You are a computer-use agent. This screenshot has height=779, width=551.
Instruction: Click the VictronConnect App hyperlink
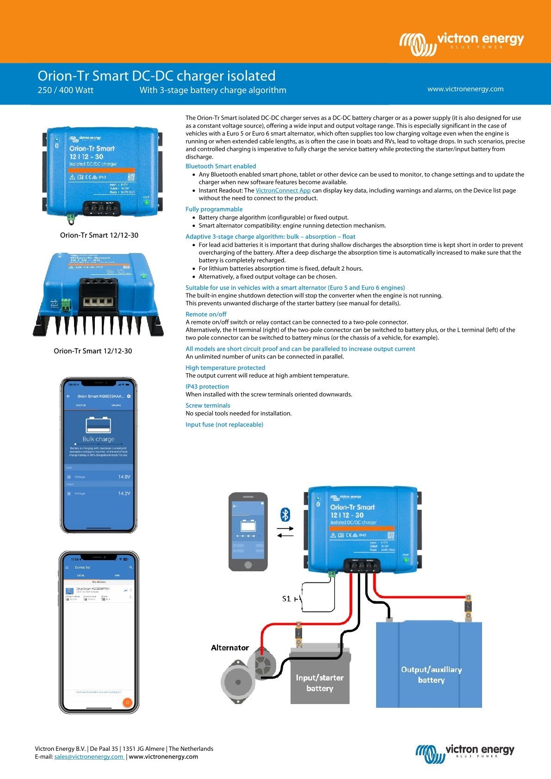[x=283, y=191]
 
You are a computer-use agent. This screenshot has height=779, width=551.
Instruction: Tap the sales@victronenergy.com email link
[x=89, y=757]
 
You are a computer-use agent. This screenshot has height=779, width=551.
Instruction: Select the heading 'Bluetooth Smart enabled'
[x=221, y=167]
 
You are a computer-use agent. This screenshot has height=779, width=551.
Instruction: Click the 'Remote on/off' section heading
[x=206, y=315]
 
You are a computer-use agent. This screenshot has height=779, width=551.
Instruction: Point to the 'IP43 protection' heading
[x=207, y=387]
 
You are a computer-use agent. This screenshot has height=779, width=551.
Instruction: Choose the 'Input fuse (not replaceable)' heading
[x=224, y=425]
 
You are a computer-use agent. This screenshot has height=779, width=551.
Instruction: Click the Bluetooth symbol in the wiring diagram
[x=285, y=514]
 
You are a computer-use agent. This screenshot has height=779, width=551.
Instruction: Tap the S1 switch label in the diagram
[x=286, y=599]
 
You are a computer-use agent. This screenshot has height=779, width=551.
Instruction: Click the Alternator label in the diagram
[x=230, y=648]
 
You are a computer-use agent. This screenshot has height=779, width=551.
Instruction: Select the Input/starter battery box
[x=320, y=682]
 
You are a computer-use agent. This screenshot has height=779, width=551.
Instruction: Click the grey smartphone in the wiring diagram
[x=248, y=532]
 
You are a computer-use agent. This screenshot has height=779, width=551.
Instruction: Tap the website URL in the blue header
[x=465, y=89]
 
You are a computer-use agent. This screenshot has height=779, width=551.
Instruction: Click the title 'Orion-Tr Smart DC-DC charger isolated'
[x=156, y=76]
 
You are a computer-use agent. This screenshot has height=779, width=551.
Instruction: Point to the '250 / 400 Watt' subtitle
[x=65, y=90]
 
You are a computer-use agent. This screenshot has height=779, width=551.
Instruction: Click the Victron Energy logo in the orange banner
[x=461, y=43]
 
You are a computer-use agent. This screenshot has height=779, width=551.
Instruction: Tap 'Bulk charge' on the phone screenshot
[x=98, y=439]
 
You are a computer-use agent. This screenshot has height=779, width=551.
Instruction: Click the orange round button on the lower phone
[x=127, y=703]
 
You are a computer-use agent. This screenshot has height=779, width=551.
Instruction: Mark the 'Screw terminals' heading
[x=208, y=406]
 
